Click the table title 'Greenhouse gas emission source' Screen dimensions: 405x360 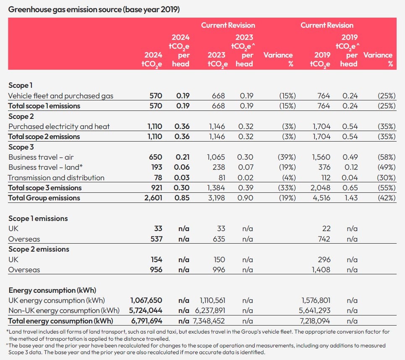(x=65, y=10)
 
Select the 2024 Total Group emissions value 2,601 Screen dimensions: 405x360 (x=153, y=198)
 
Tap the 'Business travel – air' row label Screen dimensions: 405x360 (x=41, y=157)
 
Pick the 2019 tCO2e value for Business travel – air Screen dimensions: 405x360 (x=321, y=157)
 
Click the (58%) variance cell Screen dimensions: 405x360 (x=387, y=157)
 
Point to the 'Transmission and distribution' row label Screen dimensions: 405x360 (x=56, y=178)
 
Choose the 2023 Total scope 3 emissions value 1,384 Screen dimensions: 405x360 (x=216, y=188)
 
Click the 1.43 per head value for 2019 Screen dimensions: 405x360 (x=351, y=198)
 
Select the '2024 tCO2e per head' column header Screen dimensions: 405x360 (x=180, y=51)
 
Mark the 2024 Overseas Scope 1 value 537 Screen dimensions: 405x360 (x=156, y=239)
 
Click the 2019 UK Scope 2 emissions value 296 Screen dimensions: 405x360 (x=324, y=260)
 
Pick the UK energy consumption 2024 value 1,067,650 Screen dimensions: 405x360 (x=146, y=300)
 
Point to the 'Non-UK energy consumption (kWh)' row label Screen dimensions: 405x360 (x=64, y=310)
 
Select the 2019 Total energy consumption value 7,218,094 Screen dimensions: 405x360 (x=315, y=321)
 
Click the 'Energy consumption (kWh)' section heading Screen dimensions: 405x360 (x=52, y=290)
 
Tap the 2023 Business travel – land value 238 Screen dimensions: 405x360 (x=219, y=168)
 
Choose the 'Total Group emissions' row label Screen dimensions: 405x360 (x=44, y=198)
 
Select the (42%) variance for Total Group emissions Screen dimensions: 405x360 (x=387, y=198)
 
